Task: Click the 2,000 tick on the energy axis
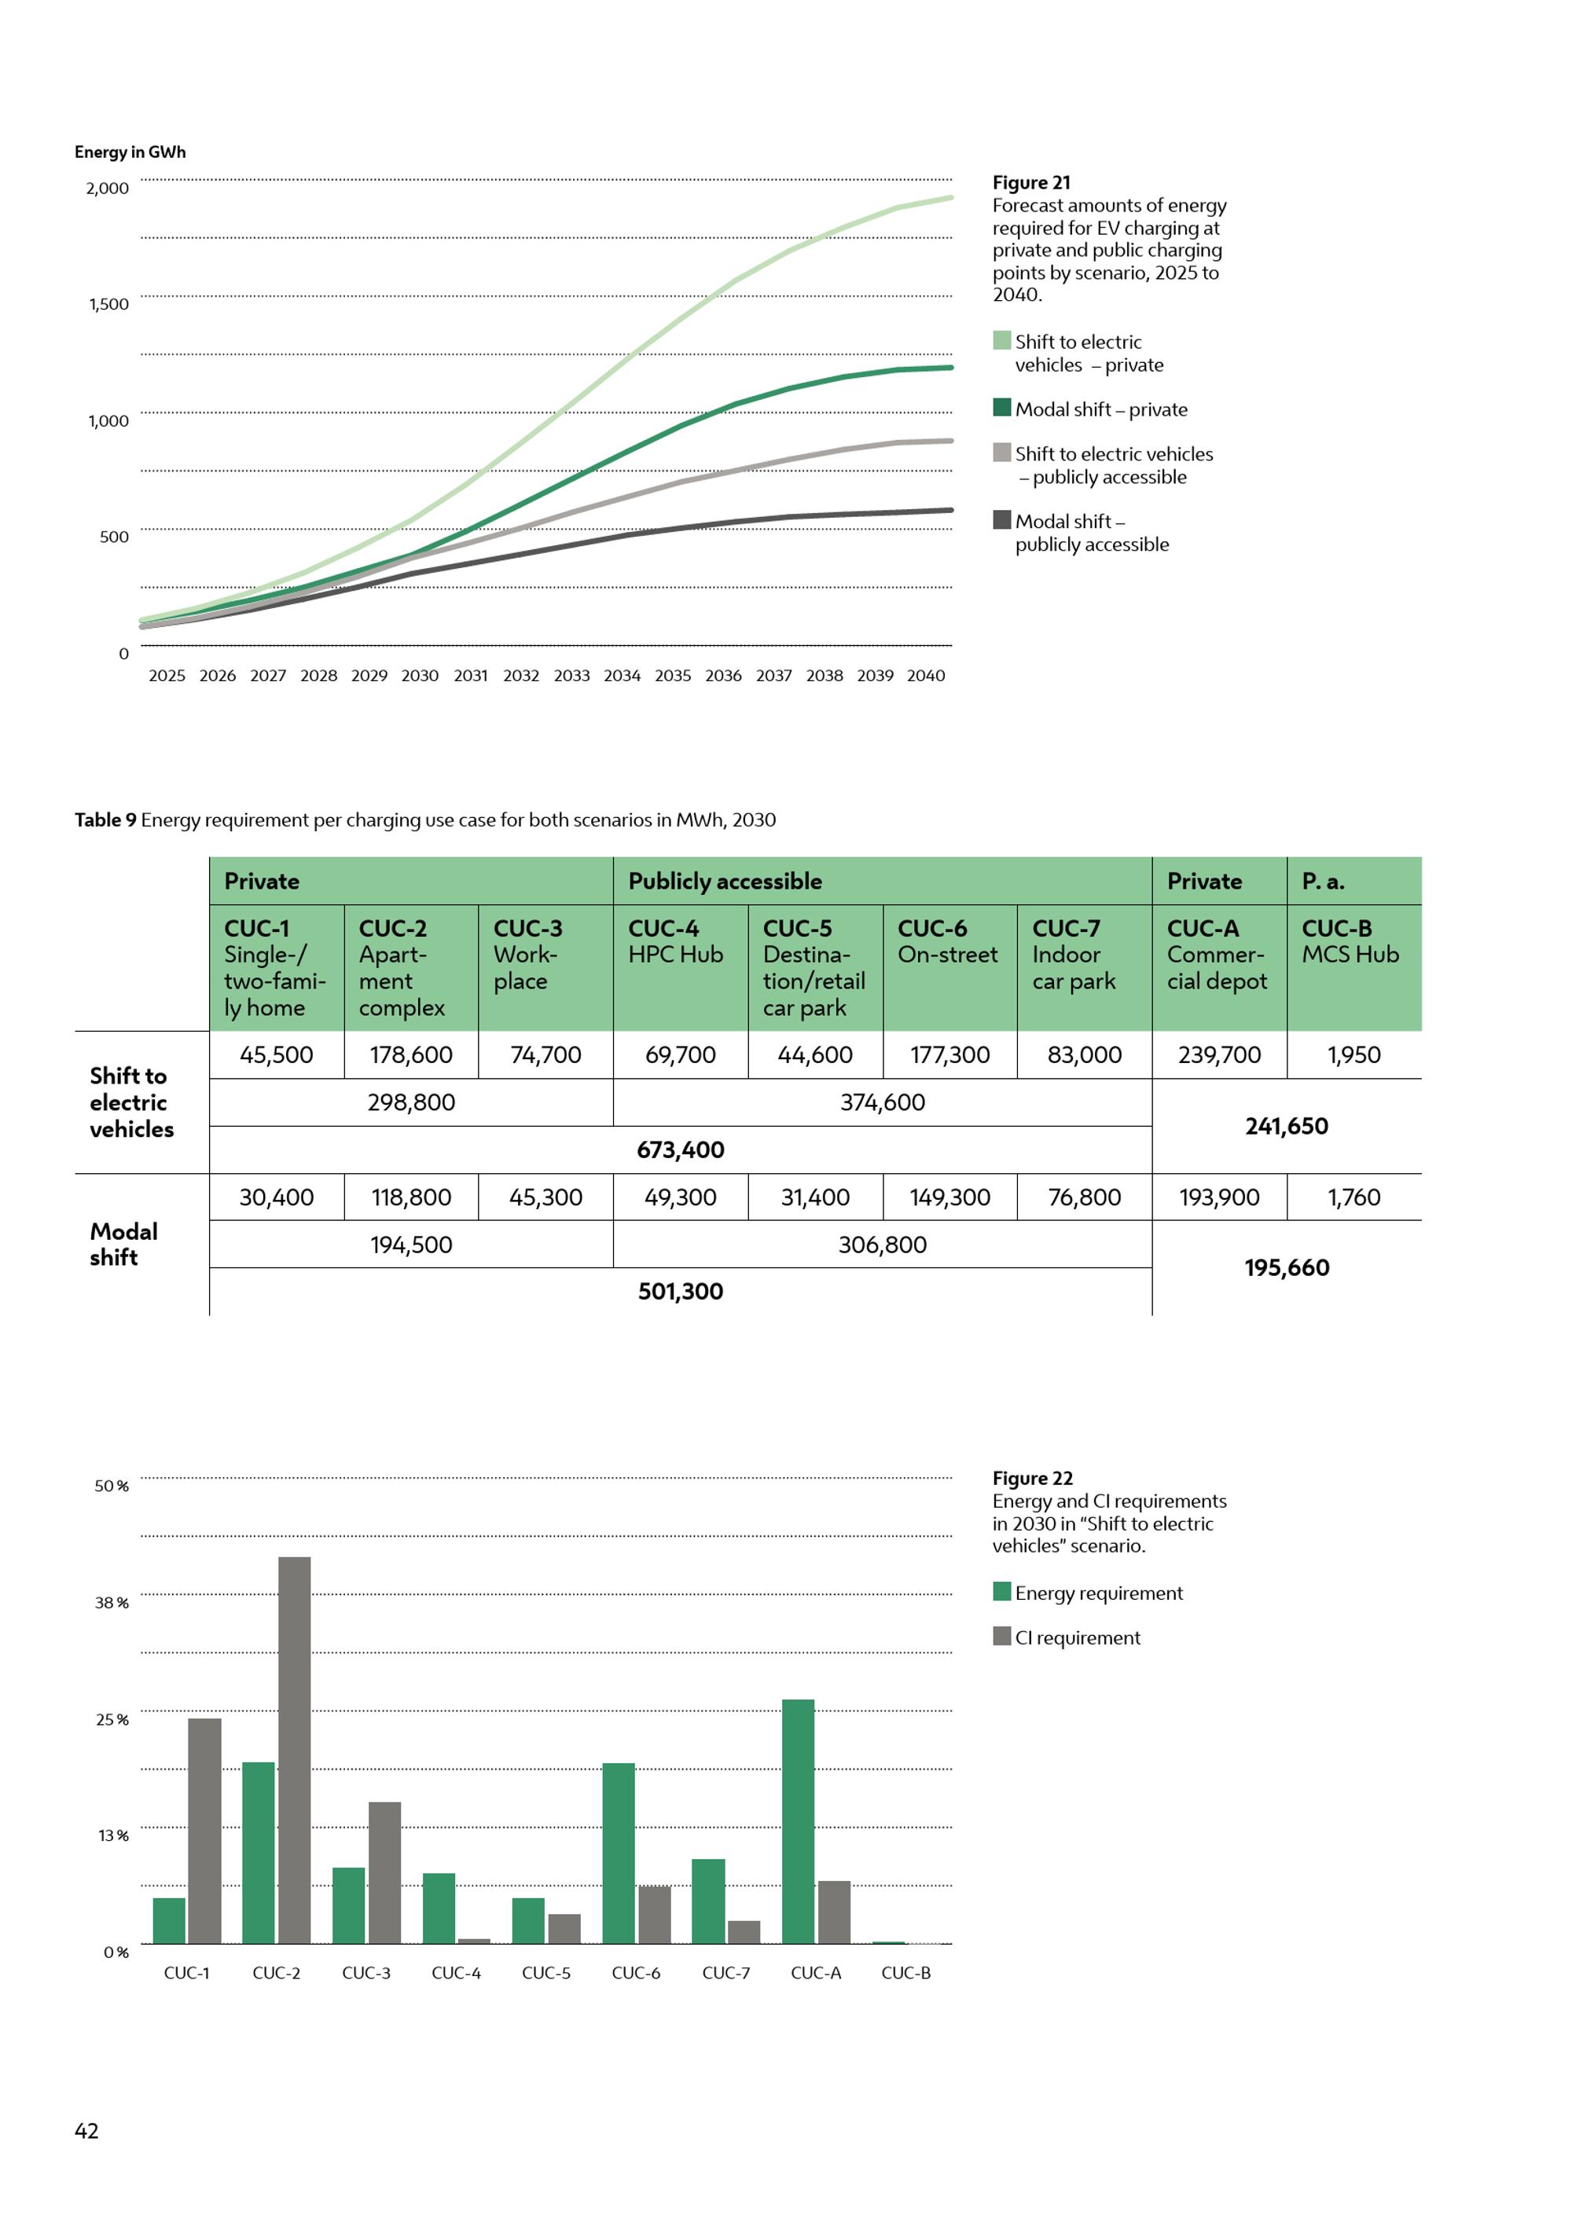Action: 108,188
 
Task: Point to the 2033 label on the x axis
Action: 571,676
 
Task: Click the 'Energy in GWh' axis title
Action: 130,152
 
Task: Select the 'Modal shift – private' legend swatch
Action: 1002,408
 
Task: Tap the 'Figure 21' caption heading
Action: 1031,183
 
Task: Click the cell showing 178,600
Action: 410,1055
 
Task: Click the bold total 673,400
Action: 681,1149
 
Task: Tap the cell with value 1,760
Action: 1353,1197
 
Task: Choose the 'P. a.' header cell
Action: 1322,881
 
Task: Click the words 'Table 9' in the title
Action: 105,819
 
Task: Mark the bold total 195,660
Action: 1287,1268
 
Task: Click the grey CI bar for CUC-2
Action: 294,1751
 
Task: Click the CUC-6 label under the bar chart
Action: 636,1972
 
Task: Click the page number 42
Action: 86,2130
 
